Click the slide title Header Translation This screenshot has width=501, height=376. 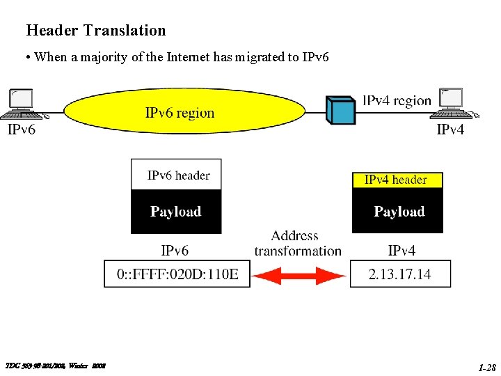tap(96, 31)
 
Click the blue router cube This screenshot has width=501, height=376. tap(341, 109)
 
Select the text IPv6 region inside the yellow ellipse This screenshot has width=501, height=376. tap(180, 113)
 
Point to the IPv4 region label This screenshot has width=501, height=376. tap(397, 101)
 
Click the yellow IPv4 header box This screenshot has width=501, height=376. tap(397, 180)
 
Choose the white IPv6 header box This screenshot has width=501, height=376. tap(177, 175)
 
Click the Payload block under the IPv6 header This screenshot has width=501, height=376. tap(176, 212)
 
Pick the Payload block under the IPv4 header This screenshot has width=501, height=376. tap(398, 212)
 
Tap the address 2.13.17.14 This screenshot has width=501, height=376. tap(399, 274)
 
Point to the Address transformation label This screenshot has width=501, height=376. tap(298, 244)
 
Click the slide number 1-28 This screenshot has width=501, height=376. tap(486, 366)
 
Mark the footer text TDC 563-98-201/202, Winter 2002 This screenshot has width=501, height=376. tap(55, 366)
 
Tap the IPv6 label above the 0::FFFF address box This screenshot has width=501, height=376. tap(175, 250)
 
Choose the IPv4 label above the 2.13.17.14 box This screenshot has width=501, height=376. tap(401, 250)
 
